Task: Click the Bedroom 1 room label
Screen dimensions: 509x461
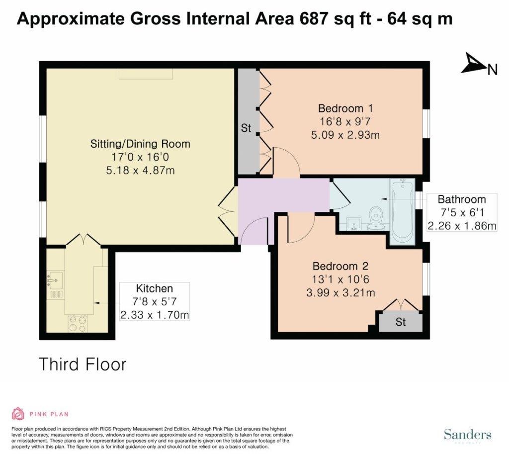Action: [x=345, y=108]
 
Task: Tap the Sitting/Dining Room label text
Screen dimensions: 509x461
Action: [x=140, y=144]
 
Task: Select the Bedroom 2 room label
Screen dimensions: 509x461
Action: [x=340, y=267]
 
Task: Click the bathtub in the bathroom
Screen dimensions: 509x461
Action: [x=403, y=212]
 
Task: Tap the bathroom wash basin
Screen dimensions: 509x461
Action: [x=354, y=224]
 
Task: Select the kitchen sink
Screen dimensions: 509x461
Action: [x=54, y=279]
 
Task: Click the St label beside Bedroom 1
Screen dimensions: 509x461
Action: [x=246, y=128]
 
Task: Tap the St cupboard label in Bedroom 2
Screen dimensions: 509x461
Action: [x=401, y=322]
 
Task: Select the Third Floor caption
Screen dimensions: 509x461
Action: [x=83, y=364]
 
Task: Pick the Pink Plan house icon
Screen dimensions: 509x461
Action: [x=18, y=414]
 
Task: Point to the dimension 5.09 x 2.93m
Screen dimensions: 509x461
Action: [x=345, y=135]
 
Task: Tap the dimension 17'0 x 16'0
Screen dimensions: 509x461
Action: [x=140, y=157]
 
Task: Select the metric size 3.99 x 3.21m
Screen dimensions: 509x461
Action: [x=340, y=293]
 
